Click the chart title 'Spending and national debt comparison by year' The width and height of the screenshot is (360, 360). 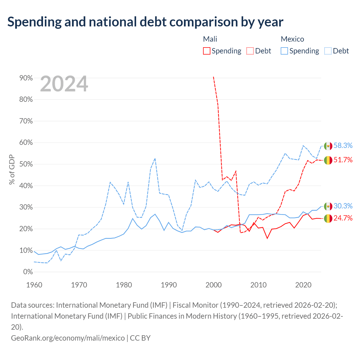[145, 22]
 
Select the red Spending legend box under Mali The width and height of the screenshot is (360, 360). [206, 51]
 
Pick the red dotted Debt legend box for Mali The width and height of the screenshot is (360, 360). [250, 51]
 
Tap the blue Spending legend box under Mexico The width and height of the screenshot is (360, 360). [284, 51]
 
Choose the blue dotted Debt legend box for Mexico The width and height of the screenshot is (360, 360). [327, 51]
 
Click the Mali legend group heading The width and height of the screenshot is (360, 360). [210, 39]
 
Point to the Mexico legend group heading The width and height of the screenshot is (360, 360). [292, 39]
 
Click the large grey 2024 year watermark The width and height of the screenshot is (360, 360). [64, 84]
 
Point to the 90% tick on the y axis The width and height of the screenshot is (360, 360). [26, 78]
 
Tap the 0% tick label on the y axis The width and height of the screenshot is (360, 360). [28, 272]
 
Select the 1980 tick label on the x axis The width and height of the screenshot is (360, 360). [124, 285]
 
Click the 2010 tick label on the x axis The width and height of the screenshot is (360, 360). [258, 285]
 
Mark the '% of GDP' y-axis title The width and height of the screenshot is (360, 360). [12, 169]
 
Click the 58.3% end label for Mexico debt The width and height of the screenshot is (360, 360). [343, 145]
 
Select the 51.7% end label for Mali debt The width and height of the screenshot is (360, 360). [343, 160]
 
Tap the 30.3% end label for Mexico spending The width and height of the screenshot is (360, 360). [343, 206]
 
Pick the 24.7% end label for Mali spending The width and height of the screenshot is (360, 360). [343, 218]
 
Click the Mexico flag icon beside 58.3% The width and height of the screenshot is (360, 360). [328, 146]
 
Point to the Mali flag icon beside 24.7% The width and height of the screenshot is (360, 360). [328, 219]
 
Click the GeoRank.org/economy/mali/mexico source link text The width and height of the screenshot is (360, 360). [68, 338]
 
